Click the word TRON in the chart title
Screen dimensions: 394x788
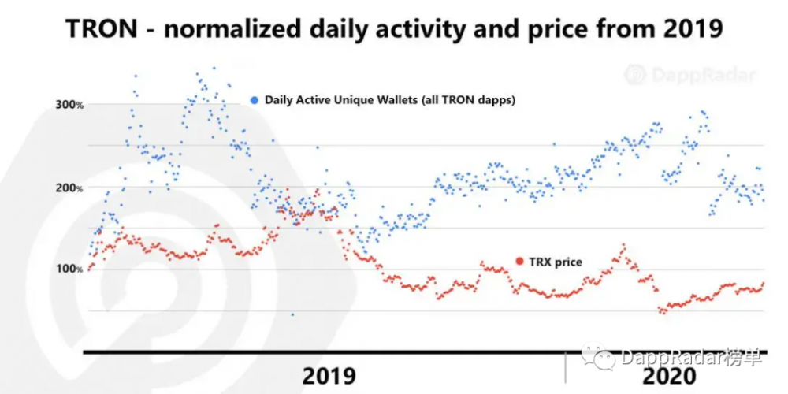point(102,29)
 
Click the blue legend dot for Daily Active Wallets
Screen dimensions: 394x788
point(254,100)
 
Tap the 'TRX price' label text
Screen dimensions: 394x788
point(556,261)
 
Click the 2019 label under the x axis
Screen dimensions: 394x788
point(329,375)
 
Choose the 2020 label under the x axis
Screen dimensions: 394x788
point(669,375)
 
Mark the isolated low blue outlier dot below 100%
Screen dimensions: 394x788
point(292,314)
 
